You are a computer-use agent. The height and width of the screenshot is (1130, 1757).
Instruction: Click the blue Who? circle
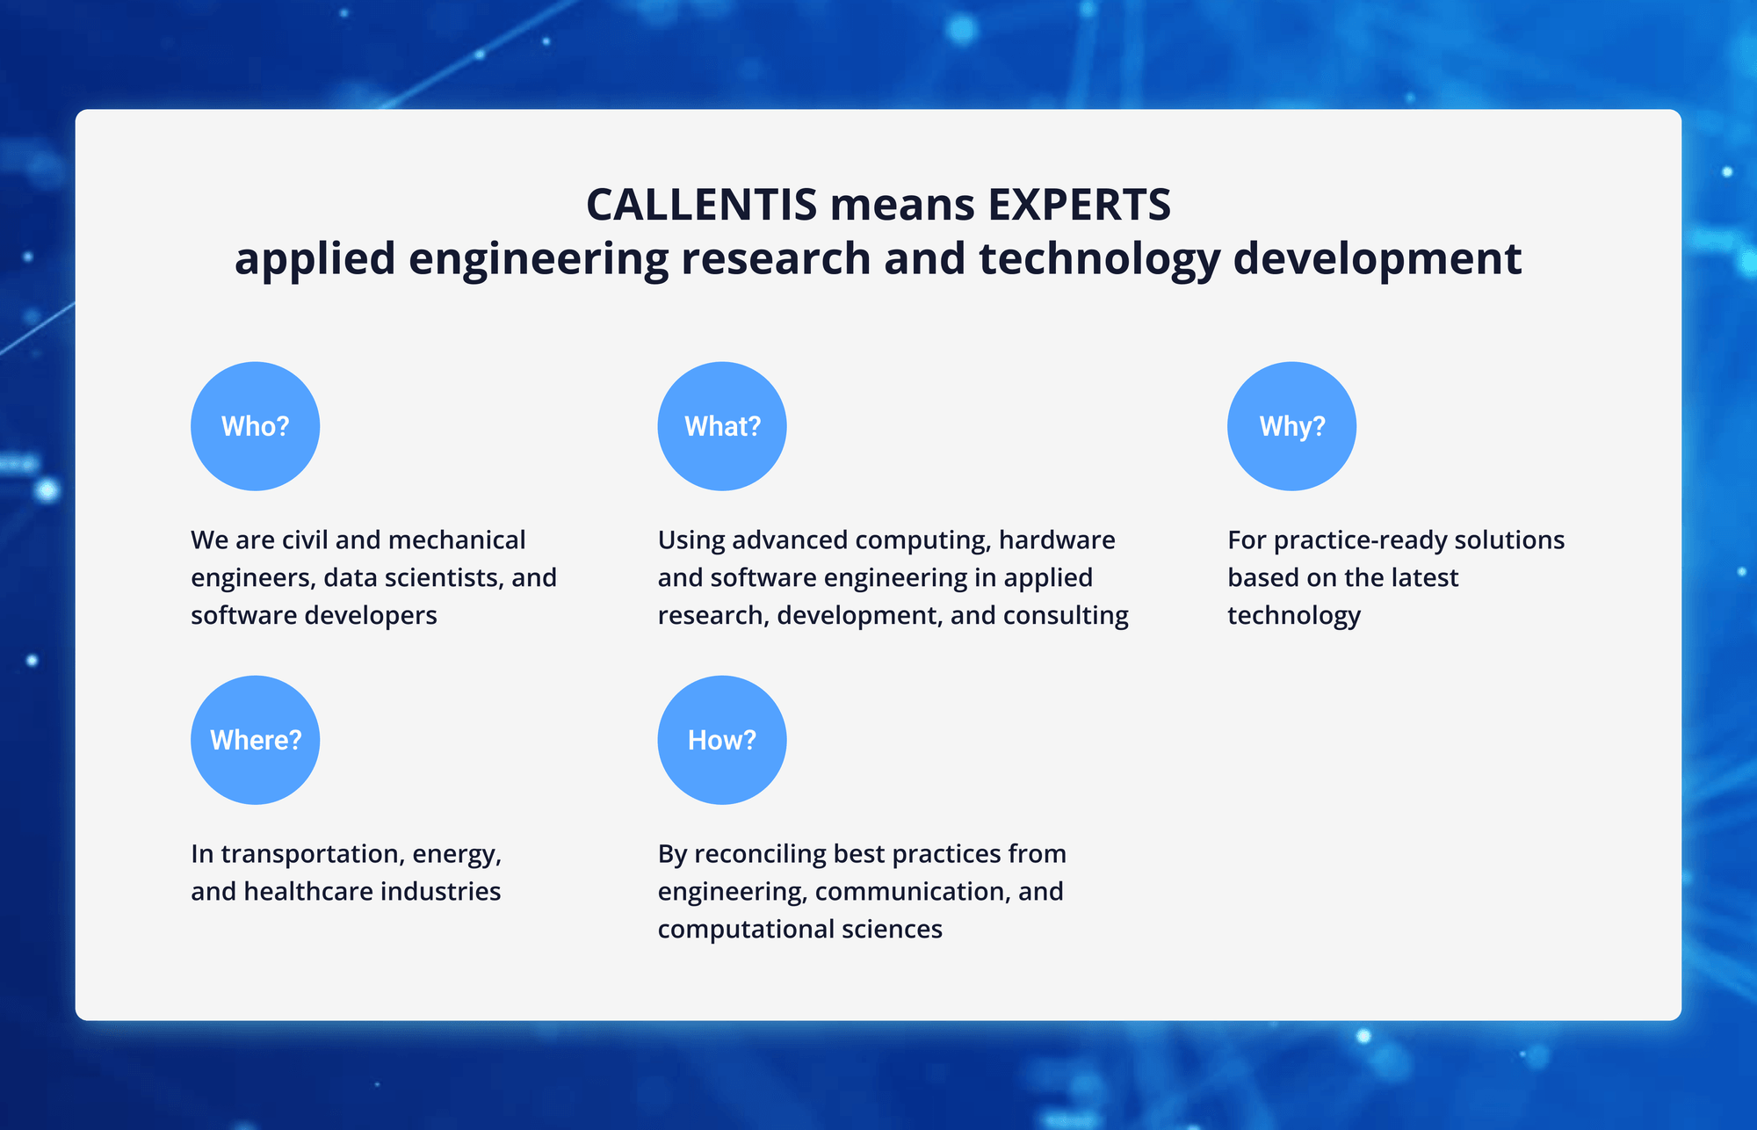255,426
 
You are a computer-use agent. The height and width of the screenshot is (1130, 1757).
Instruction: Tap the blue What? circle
722,426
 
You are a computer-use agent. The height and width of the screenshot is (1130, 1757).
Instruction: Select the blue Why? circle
1291,426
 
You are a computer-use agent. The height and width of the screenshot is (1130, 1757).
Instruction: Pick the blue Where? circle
255,740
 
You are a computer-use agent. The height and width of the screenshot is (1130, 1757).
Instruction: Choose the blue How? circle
722,740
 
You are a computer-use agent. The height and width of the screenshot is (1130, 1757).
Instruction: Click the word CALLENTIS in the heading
702,205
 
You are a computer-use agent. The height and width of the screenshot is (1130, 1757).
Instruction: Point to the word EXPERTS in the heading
1080,205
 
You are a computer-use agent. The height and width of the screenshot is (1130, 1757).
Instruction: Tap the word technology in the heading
1100,259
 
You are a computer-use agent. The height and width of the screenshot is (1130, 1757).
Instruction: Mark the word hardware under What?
1057,540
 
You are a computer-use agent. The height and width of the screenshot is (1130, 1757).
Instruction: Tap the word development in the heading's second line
1377,259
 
